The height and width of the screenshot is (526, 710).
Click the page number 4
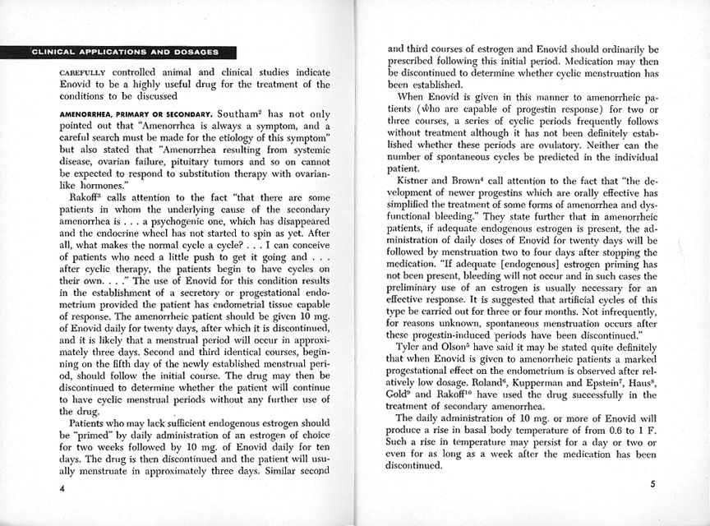coord(62,488)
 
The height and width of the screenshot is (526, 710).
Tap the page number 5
coord(652,484)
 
